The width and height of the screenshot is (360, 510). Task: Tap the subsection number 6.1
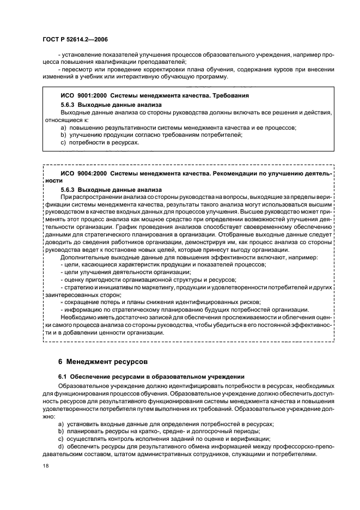[x=62, y=377]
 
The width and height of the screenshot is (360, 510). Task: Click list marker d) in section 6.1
[x=63, y=447]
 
